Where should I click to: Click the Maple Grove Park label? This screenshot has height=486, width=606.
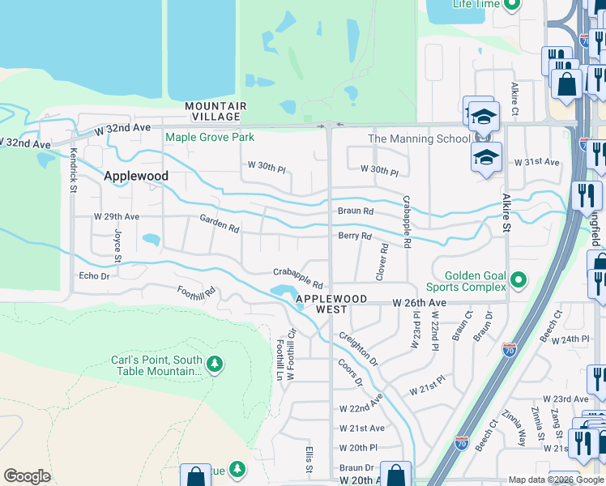(210, 137)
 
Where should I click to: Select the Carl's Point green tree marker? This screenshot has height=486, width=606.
(215, 365)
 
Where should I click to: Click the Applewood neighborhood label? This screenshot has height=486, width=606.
(136, 176)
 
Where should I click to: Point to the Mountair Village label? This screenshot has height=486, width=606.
(216, 112)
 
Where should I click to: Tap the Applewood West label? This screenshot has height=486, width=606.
(331, 305)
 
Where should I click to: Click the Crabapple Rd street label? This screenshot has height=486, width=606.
(298, 279)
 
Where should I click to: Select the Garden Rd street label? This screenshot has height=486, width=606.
(220, 224)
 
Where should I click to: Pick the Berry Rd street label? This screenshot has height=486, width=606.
(355, 237)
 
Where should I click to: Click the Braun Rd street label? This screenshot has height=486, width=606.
(356, 211)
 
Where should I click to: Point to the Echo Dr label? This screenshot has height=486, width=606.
(94, 276)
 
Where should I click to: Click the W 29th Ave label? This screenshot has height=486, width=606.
(117, 217)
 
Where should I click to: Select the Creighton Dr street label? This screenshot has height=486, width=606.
(358, 348)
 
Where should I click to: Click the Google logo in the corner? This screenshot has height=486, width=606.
(27, 476)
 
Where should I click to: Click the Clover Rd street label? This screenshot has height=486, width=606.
(382, 262)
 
